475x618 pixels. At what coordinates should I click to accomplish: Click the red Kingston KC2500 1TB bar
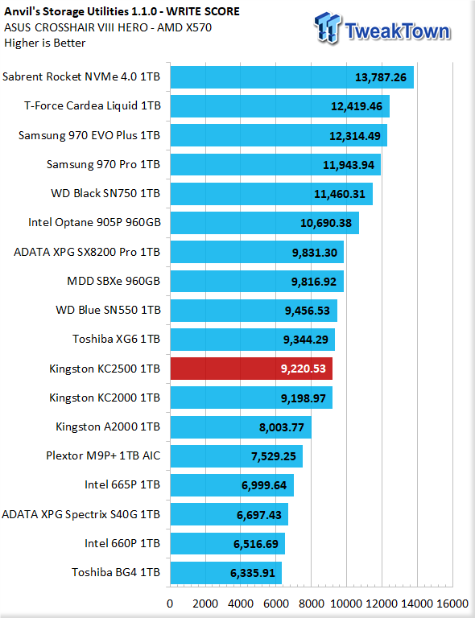point(251,369)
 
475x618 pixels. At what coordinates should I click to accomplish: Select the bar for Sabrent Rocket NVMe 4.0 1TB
point(292,77)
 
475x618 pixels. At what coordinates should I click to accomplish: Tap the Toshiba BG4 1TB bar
point(226,573)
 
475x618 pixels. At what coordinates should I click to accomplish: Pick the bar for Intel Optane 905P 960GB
point(265,223)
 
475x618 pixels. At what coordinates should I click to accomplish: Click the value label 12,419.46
point(357,106)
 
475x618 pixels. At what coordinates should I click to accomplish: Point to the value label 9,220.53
point(304,369)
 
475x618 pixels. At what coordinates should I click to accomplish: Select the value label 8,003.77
point(282,427)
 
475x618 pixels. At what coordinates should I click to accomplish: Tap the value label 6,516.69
point(256,544)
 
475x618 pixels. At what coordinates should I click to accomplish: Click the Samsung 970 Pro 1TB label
point(103,164)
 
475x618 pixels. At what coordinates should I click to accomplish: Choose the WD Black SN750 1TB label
point(105,193)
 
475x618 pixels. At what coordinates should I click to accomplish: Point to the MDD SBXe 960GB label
point(114,281)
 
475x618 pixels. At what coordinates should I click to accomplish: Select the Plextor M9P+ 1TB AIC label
point(103,455)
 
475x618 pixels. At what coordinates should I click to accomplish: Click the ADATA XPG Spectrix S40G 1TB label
point(81,514)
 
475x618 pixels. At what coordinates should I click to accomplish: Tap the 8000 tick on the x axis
point(312,604)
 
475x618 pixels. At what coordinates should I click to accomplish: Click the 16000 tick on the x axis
point(452,604)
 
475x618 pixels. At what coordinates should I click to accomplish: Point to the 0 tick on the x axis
point(170,604)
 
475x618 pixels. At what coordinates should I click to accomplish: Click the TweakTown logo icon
point(327,27)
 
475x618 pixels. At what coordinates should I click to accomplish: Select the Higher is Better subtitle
point(44,43)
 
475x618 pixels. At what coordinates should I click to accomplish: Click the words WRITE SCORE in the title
point(203,11)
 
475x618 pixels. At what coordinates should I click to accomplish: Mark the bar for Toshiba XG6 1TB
point(253,340)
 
